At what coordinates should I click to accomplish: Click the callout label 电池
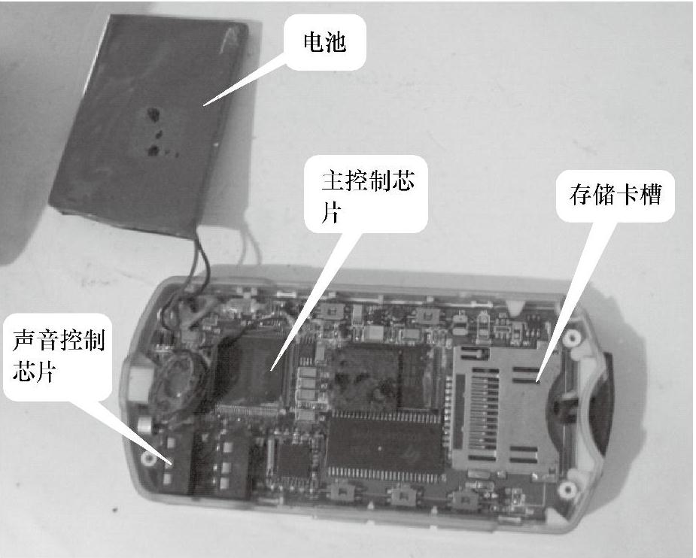[x=324, y=42]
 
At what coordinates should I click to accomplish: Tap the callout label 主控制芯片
[x=367, y=196]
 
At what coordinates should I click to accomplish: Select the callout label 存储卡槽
[x=615, y=194]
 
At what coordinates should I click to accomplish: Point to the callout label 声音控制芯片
[x=59, y=356]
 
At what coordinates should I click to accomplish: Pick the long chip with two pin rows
[x=384, y=447]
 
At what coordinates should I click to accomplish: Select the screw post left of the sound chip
[x=148, y=458]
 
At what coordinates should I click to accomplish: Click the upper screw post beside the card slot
[x=572, y=338]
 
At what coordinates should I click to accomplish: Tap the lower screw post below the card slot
[x=567, y=490]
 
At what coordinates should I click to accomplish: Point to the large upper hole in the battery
[x=153, y=114]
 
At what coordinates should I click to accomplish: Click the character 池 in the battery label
[x=336, y=42]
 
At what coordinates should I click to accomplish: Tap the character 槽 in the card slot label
[x=651, y=194]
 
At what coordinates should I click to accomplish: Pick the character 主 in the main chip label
[x=333, y=181]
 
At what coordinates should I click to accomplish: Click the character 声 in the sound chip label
[x=24, y=341]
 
